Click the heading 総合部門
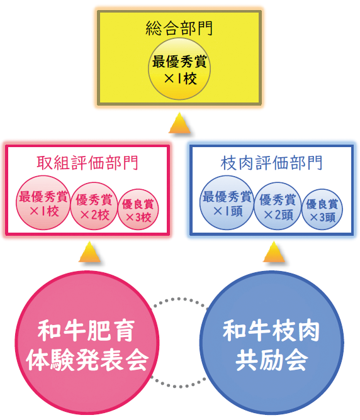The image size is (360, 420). pyautogui.click(x=179, y=28)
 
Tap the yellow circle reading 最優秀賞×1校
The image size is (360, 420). pyautogui.click(x=179, y=69)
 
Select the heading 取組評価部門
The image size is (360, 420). pyautogui.click(x=87, y=163)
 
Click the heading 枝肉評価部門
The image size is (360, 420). pyautogui.click(x=271, y=163)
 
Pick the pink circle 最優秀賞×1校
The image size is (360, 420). pyautogui.click(x=43, y=202)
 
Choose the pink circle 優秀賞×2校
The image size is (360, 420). pyautogui.click(x=94, y=206)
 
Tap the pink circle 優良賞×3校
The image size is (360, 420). pyautogui.click(x=138, y=209)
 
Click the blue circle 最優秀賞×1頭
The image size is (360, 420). pyautogui.click(x=227, y=202)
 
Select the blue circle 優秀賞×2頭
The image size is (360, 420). pyautogui.click(x=278, y=206)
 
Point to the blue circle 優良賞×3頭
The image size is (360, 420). pyautogui.click(x=322, y=209)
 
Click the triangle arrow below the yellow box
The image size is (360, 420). pyautogui.click(x=179, y=123)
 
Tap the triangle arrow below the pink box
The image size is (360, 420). pyautogui.click(x=89, y=252)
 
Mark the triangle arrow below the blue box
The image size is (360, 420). pyautogui.click(x=274, y=252)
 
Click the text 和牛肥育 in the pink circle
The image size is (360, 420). pyautogui.click(x=86, y=331)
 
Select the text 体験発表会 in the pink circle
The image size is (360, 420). pyautogui.click(x=87, y=360)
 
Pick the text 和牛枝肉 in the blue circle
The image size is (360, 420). pyautogui.click(x=271, y=331)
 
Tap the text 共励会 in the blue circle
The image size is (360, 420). pyautogui.click(x=271, y=360)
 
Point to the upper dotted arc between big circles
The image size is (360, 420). pyautogui.click(x=179, y=299)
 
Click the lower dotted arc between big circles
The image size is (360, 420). pyautogui.click(x=178, y=386)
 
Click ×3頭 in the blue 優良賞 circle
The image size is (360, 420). pyautogui.click(x=323, y=218)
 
